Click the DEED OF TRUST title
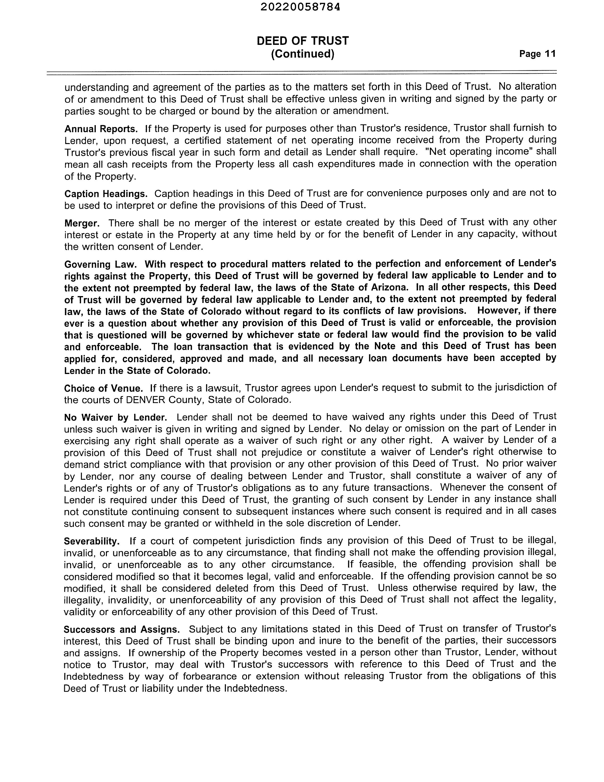pyautogui.click(x=303, y=41)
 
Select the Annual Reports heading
pyautogui.click(x=101, y=128)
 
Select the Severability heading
pyautogui.click(x=92, y=541)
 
